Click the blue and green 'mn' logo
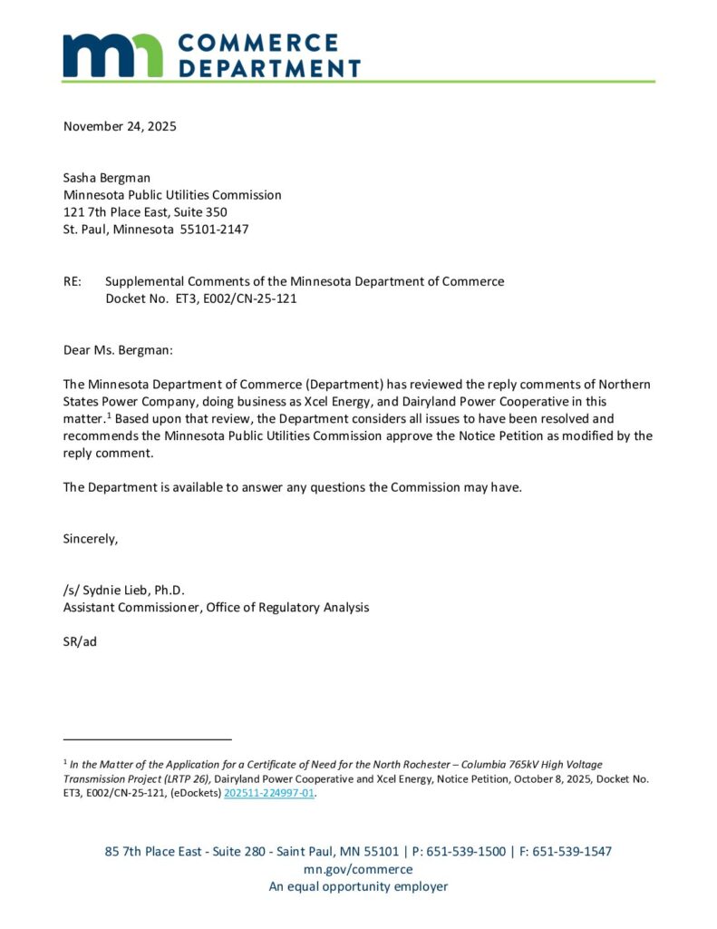coord(112,55)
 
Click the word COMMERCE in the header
coord(258,43)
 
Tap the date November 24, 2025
coord(120,126)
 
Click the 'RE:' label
coord(73,281)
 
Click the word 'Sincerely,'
coord(91,538)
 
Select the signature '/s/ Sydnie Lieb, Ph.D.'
coord(124,590)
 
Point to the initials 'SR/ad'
coord(80,641)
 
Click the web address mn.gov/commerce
coord(358,869)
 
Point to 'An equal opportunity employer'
coord(358,886)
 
